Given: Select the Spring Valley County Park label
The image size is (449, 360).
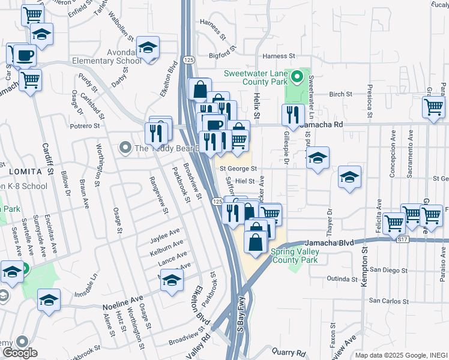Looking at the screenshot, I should pos(295,256).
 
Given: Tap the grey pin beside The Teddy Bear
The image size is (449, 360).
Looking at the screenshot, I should pos(125,147).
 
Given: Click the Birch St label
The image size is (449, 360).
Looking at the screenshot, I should pos(340,94).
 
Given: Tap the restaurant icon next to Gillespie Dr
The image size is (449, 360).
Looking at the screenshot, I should pos(293,114).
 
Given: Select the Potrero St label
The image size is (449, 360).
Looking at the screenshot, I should pos(84,126).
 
